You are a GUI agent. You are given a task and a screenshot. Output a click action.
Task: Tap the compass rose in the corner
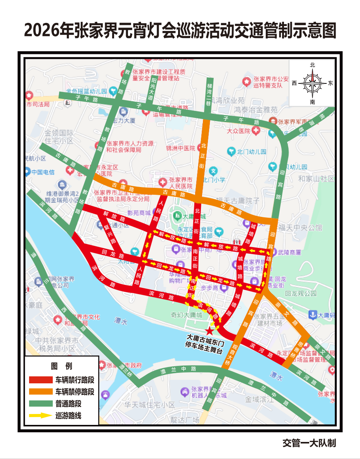pos(313,83)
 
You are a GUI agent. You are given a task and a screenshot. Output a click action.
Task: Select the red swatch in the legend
pos(40,379)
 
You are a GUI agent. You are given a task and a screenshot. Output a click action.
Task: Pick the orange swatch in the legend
pos(40,391)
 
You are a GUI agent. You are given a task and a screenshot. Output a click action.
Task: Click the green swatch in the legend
pos(40,404)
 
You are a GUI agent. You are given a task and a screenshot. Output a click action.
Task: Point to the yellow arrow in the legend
pos(40,416)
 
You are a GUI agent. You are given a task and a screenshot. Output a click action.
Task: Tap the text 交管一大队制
pos(309,443)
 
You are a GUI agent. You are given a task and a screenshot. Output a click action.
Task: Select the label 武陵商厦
pos(287,253)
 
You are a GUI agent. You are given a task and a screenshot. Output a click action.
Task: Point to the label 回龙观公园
pos(301,294)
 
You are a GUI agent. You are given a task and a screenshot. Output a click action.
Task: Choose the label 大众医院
pos(239,131)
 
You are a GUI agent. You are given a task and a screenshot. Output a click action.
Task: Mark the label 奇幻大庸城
pos(187,315)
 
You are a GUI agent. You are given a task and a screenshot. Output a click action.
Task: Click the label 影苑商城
pos(139,213)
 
